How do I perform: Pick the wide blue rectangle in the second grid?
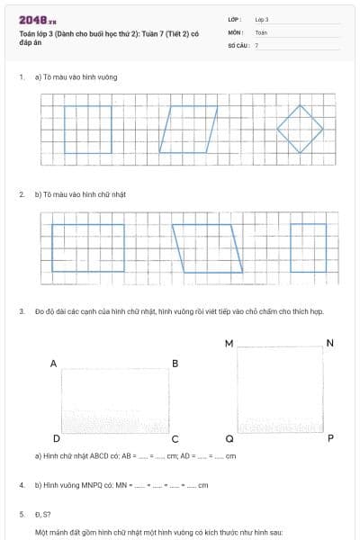pos(87,247)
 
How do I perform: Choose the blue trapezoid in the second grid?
pos(208,247)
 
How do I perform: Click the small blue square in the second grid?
pos(309,247)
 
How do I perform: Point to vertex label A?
pos(54,364)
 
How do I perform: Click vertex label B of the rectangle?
pos(175,364)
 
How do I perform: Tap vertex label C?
pos(175,438)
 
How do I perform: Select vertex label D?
pos(56,438)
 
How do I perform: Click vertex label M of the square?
pos(229,344)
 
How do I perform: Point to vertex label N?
pos(330,344)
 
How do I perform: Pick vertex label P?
pos(330,438)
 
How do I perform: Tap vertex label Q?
pos(229,438)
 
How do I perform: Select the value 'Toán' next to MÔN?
pos(261,31)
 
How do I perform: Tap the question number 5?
pos(22,515)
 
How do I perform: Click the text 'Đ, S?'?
pos(43,515)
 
